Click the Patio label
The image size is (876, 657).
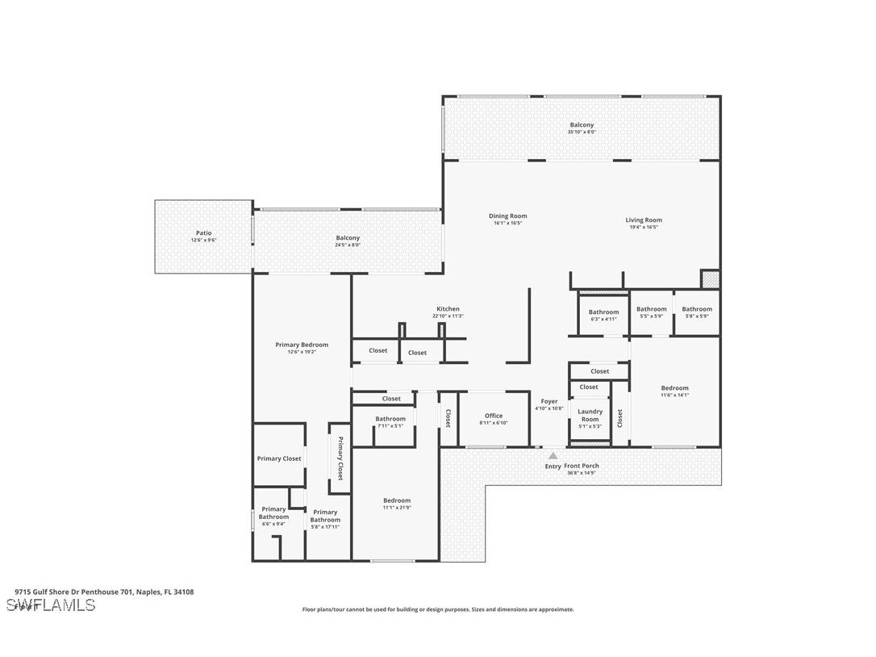tap(203, 233)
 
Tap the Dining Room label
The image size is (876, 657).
tap(507, 216)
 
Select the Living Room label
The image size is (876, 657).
tap(644, 220)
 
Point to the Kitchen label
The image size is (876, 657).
tap(448, 309)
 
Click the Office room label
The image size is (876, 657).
tap(494, 416)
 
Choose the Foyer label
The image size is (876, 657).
tap(549, 401)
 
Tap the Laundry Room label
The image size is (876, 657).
tap(590, 415)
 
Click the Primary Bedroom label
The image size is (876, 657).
tap(302, 345)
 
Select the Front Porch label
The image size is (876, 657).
tap(582, 466)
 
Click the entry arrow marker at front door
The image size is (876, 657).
tap(553, 456)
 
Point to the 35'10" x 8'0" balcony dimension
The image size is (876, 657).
tap(582, 132)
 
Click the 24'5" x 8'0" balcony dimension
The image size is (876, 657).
tap(348, 245)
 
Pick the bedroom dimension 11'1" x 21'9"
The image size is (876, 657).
tap(397, 507)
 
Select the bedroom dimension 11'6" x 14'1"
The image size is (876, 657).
tap(674, 395)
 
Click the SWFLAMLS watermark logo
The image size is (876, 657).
tap(51, 605)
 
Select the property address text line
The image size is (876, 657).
tap(104, 592)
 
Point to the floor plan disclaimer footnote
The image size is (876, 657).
tap(438, 609)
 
